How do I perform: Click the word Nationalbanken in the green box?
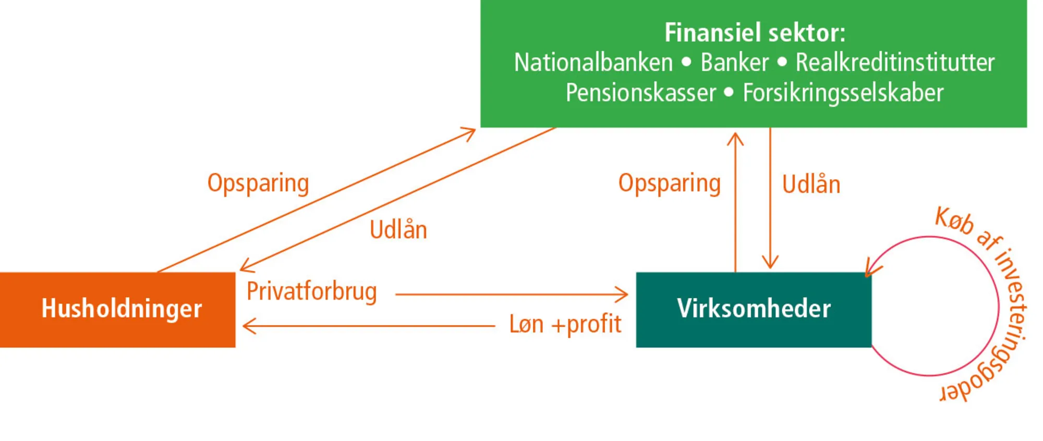[593, 63]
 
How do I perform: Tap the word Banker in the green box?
[734, 63]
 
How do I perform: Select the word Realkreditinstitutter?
[895, 63]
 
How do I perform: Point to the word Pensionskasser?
[641, 93]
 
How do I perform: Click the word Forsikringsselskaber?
[843, 93]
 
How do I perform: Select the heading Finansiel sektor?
[755, 32]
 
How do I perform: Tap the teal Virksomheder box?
[754, 309]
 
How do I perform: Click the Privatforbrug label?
[311, 291]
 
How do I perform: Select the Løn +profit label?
[565, 324]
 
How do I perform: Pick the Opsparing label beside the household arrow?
[258, 183]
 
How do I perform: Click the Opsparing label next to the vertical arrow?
[669, 183]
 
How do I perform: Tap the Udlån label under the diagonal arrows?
[398, 230]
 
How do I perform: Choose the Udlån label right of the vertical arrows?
[811, 185]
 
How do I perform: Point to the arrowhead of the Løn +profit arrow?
[248, 326]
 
